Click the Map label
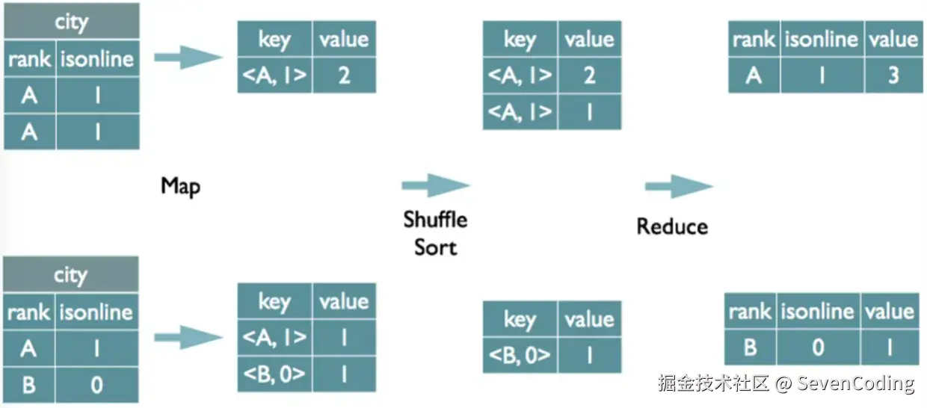pyautogui.click(x=180, y=186)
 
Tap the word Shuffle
pyautogui.click(x=435, y=219)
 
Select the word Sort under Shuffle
pyautogui.click(x=435, y=247)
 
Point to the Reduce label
pyautogui.click(x=672, y=226)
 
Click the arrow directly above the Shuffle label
pyautogui.click(x=436, y=185)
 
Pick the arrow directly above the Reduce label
pyautogui.click(x=679, y=186)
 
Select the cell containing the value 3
pyautogui.click(x=893, y=75)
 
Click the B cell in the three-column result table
pyautogui.click(x=751, y=347)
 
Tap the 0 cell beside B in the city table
pyautogui.click(x=97, y=385)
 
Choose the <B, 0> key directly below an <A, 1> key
pyautogui.click(x=275, y=374)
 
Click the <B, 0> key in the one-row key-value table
pyautogui.click(x=520, y=355)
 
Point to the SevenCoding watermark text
pyautogui.click(x=855, y=383)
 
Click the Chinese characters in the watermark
pyautogui.click(x=713, y=383)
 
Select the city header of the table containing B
pyautogui.click(x=71, y=274)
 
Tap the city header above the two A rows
pyautogui.click(x=72, y=22)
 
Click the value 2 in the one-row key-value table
pyautogui.click(x=345, y=75)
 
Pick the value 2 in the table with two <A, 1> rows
pyautogui.click(x=590, y=75)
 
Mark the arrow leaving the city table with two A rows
pyautogui.click(x=188, y=57)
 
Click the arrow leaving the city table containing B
pyautogui.click(x=188, y=337)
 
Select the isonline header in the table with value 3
pyautogui.click(x=822, y=40)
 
